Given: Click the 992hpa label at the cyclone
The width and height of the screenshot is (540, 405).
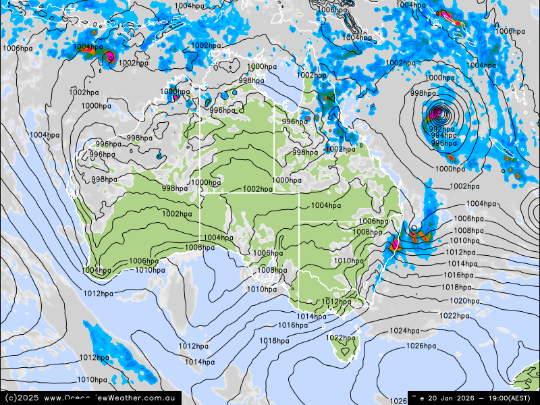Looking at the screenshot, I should (x=441, y=129).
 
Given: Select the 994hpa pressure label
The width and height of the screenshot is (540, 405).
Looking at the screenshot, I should (x=443, y=136).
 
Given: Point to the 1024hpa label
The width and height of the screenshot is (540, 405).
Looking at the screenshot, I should (x=404, y=331).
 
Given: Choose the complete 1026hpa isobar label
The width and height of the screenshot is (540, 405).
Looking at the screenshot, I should (x=421, y=346).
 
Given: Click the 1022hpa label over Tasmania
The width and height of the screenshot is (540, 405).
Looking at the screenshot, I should (x=340, y=337).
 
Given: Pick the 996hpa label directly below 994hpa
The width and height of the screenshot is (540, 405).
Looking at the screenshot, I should (x=443, y=143).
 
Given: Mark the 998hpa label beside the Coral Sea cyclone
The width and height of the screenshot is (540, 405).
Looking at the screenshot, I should (x=423, y=94).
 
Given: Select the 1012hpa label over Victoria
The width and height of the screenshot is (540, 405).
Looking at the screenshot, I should (x=336, y=302).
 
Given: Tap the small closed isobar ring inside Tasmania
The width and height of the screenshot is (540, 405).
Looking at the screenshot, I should (x=346, y=351).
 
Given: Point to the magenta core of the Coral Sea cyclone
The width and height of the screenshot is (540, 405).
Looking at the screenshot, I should (x=437, y=112).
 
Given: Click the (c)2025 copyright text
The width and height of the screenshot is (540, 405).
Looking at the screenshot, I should (x=20, y=398).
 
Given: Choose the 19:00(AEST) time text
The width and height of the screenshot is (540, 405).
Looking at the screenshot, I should (x=513, y=398).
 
